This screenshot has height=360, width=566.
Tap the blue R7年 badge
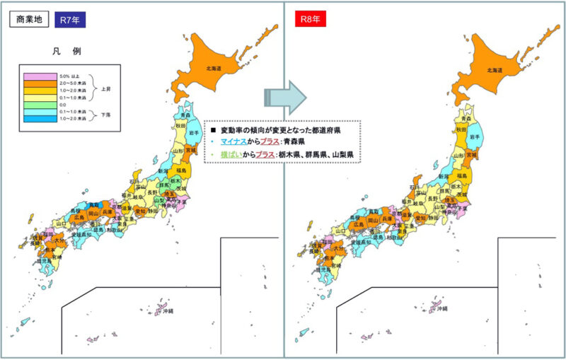click(69, 19)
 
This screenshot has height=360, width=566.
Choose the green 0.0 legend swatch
click(36, 104)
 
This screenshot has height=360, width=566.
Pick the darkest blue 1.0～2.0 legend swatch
click(36, 118)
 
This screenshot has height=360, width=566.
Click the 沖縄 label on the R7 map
click(167, 311)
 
